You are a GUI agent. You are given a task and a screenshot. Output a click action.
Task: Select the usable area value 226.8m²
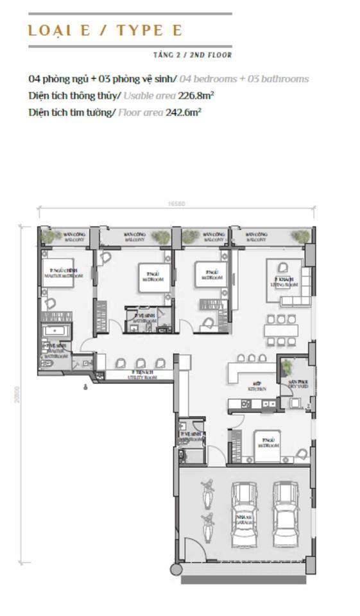coord(196,96)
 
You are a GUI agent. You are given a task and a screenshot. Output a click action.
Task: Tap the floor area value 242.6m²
coord(184,112)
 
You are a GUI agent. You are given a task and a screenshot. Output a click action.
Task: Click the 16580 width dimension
coord(176,204)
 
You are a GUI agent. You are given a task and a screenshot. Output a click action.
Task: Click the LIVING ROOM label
coord(283,282)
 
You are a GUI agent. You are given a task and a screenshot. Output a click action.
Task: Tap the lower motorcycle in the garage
coord(207,526)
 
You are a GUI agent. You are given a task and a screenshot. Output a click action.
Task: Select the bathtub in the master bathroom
coord(58,331)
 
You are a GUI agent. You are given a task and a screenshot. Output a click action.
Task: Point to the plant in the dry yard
coord(286,367)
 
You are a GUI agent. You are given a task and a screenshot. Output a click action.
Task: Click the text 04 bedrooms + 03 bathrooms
coord(244,79)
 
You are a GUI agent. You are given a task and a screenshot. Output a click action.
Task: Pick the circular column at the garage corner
coord(176,569)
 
